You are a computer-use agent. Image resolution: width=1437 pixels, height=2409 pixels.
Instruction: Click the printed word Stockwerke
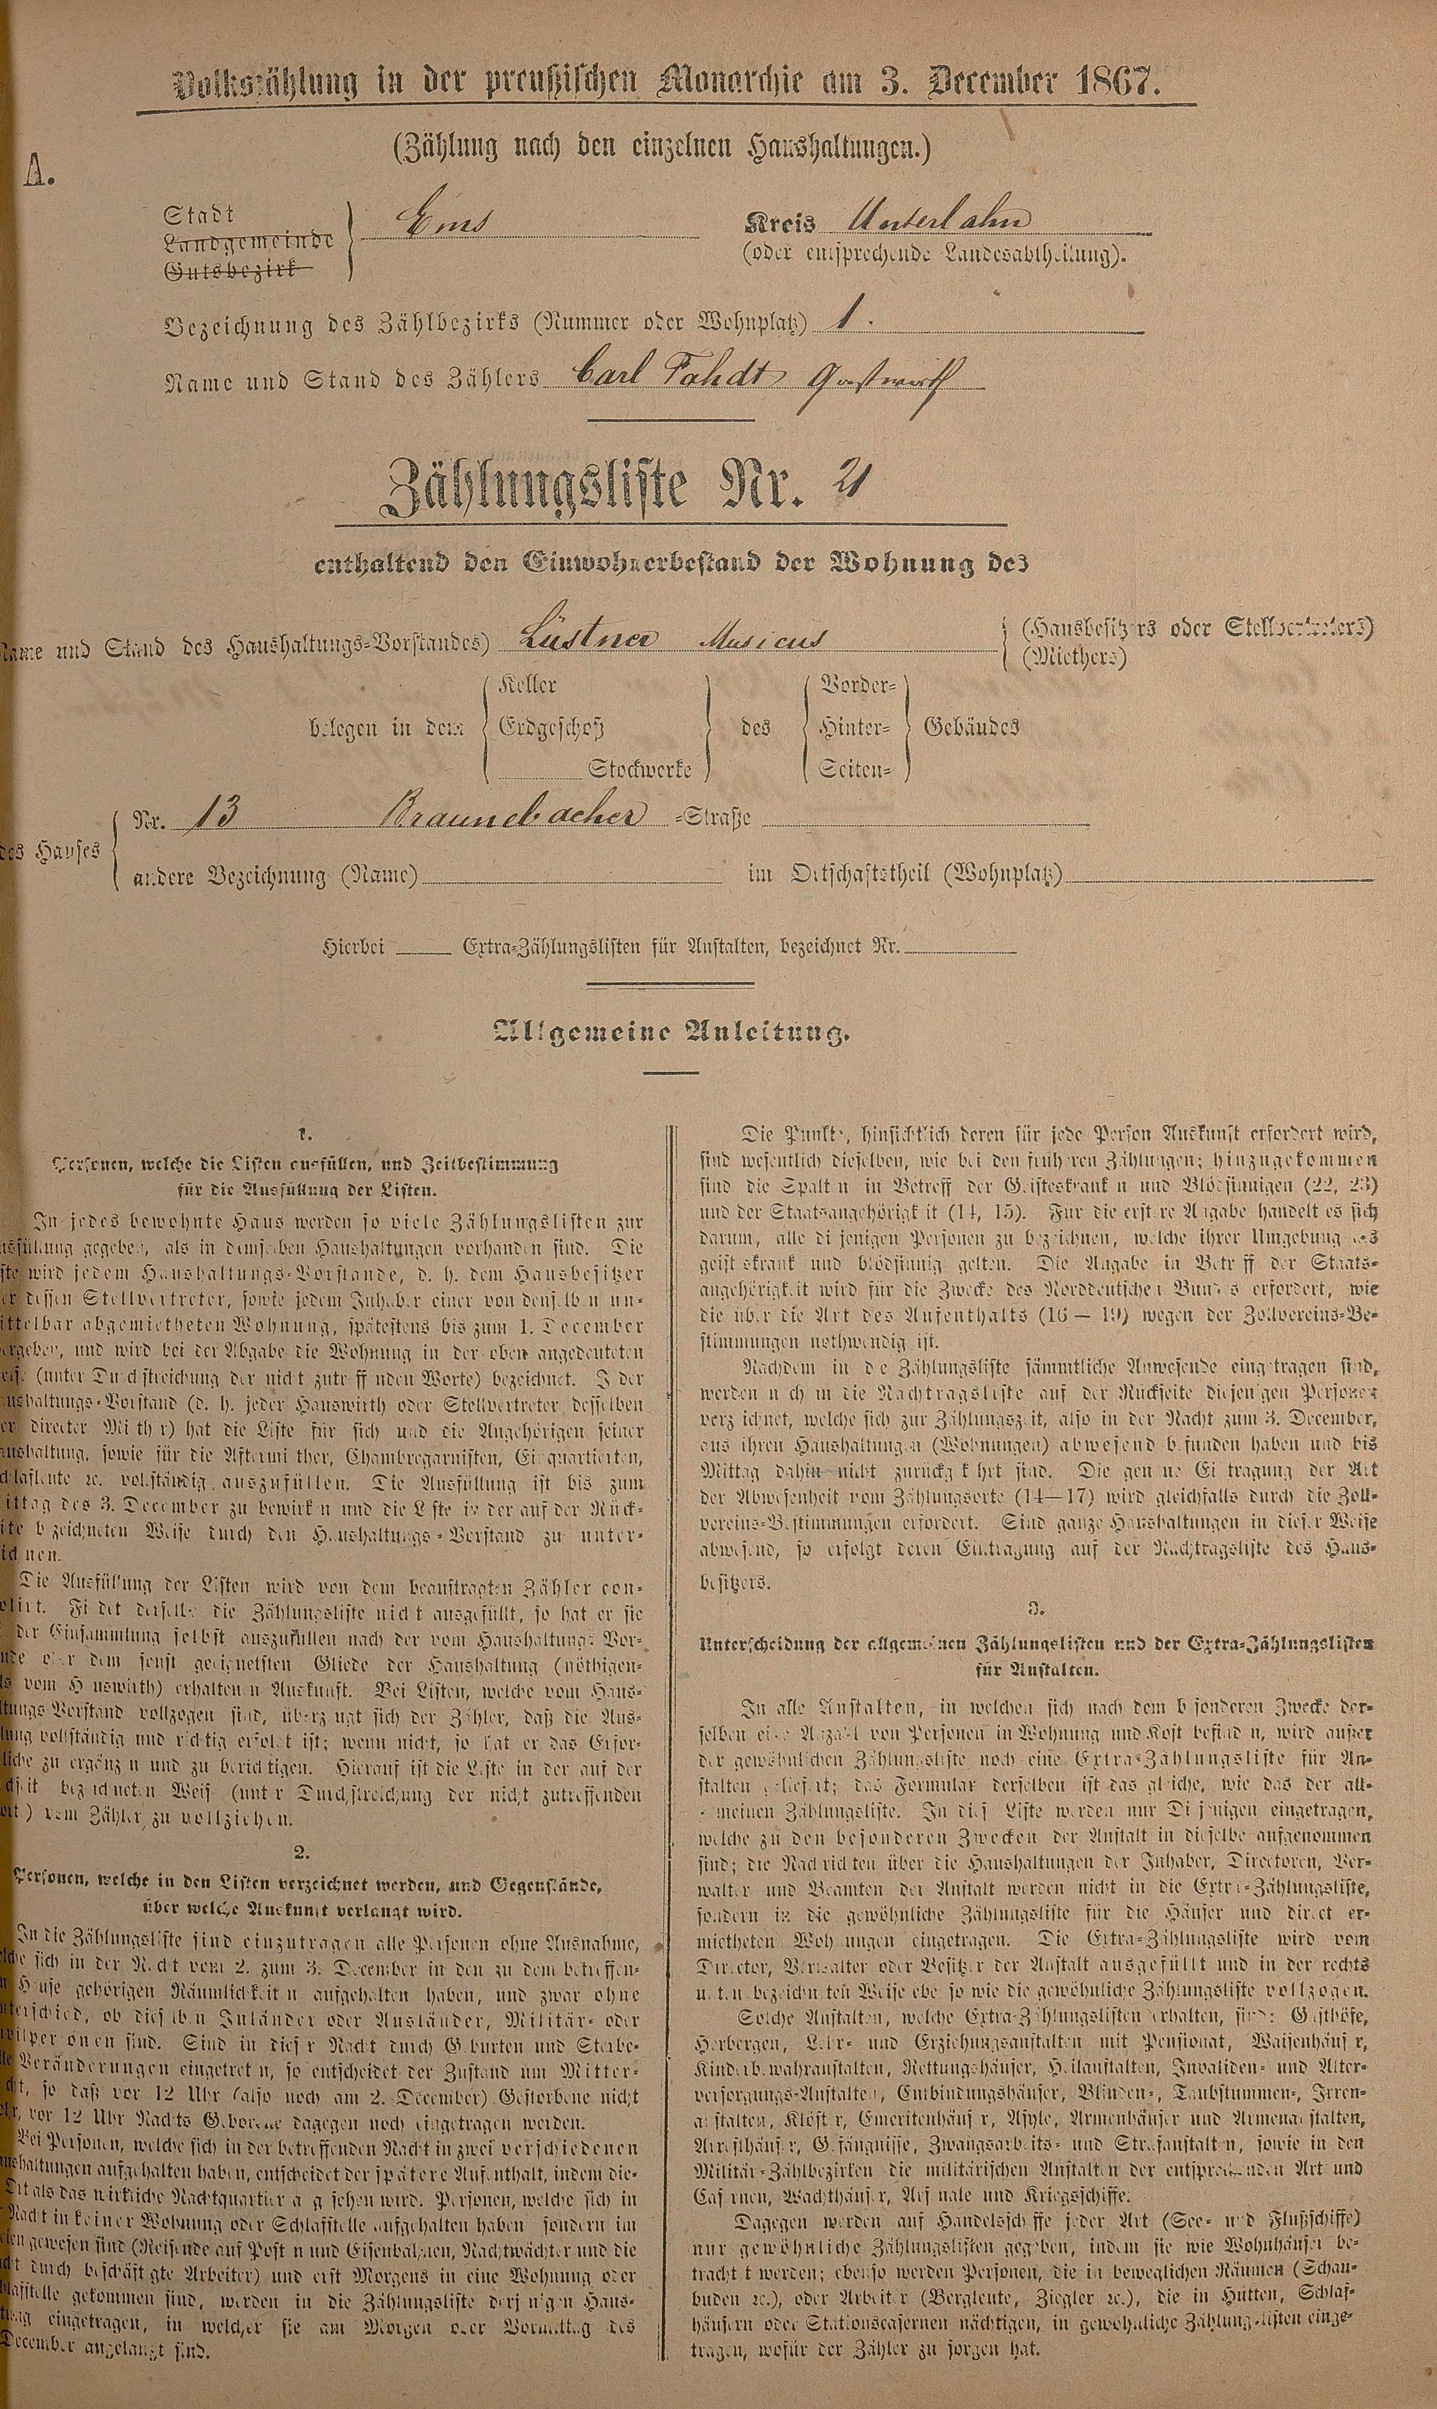(639, 769)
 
